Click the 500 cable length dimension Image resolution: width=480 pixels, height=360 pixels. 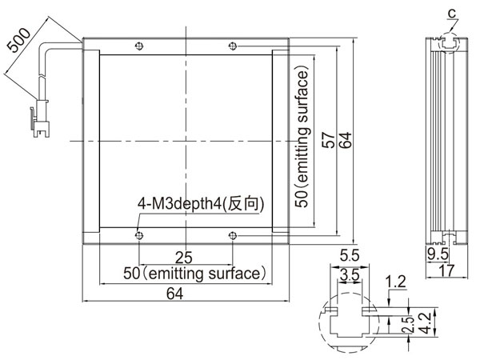(x=18, y=40)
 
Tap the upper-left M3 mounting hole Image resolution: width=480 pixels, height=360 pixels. (x=139, y=46)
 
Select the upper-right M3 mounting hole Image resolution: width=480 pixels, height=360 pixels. (x=233, y=46)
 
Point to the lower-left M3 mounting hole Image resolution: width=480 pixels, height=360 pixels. (x=139, y=235)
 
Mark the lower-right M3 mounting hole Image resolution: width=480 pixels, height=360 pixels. (x=233, y=235)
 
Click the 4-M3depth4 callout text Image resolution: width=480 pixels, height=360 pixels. (x=201, y=203)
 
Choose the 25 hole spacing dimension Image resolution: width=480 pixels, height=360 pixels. (x=184, y=258)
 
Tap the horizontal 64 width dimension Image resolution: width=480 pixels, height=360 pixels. (x=174, y=294)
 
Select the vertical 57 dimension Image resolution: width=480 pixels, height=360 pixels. (x=329, y=140)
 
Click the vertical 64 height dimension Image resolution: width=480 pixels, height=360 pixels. (x=346, y=140)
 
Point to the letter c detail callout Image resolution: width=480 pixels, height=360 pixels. (x=452, y=14)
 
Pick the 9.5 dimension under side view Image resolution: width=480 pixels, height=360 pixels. (x=438, y=254)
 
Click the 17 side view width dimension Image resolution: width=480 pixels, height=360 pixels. (x=446, y=270)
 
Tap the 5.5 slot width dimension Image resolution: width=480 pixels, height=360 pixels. (x=350, y=256)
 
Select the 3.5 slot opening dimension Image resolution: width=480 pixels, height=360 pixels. (x=350, y=274)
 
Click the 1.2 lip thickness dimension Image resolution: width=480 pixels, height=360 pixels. (x=395, y=282)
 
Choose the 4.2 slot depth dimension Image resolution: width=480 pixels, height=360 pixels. (x=426, y=323)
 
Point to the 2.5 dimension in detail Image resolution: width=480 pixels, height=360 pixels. (x=408, y=325)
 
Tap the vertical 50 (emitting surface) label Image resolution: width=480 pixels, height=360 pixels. (x=302, y=137)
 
